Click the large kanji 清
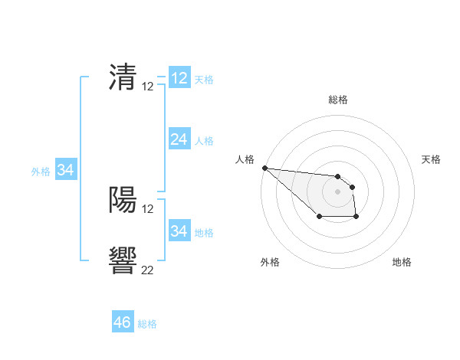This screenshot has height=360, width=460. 123,78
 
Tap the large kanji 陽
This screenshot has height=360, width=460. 123,200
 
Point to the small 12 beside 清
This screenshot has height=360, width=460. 148,87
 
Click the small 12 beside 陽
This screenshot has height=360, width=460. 148,208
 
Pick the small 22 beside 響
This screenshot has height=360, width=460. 148,270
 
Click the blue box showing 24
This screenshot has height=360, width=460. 179,139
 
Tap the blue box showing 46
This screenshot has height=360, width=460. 122,322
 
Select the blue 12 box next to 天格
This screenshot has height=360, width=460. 179,78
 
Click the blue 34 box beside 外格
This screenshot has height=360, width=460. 65,170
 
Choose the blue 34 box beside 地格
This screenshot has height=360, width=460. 179,231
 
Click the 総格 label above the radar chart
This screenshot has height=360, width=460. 337,100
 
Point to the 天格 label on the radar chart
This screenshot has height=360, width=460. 431,159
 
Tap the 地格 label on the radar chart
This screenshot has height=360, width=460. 402,262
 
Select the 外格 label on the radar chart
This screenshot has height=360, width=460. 270,262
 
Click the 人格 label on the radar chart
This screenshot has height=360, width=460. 245,159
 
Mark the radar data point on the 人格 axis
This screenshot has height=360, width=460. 264,168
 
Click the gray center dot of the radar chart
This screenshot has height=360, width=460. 337,191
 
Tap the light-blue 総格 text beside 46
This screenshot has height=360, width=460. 147,324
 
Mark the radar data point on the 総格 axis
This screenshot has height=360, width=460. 337,176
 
